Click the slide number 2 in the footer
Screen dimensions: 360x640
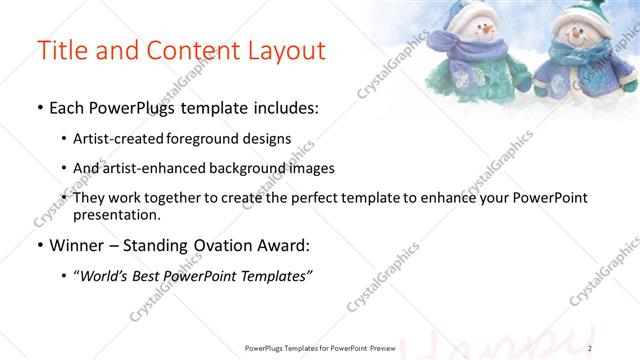coord(590,347)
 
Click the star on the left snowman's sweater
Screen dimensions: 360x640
coord(463,76)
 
